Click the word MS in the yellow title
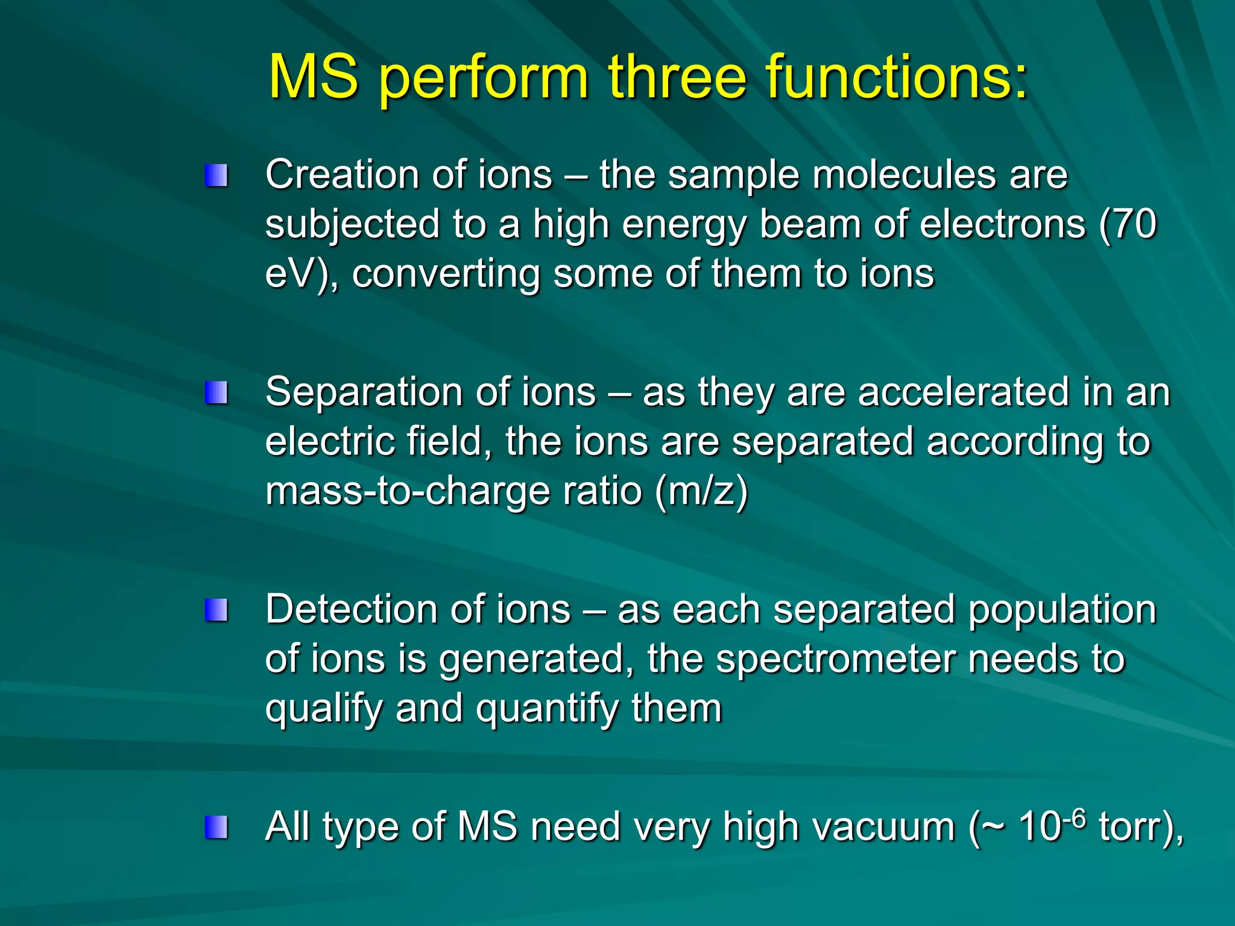pyautogui.click(x=314, y=77)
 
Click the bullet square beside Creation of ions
pyautogui.click(x=216, y=176)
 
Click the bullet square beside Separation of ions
pyautogui.click(x=216, y=393)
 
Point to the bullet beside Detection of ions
pyautogui.click(x=216, y=610)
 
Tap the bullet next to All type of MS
pyautogui.click(x=216, y=827)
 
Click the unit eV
pyautogui.click(x=292, y=274)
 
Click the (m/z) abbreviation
pyautogui.click(x=701, y=491)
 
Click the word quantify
pyautogui.click(x=546, y=709)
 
